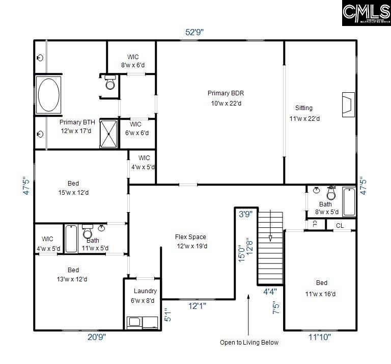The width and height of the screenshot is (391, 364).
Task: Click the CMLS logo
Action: (x=366, y=13)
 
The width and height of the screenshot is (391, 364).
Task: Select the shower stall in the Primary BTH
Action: (x=108, y=134)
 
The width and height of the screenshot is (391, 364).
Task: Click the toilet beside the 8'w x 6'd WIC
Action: (x=110, y=83)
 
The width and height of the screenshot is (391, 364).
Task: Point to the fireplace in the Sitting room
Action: (x=348, y=105)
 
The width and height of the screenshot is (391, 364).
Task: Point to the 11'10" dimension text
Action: (x=319, y=336)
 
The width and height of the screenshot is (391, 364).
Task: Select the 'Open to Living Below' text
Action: (x=249, y=342)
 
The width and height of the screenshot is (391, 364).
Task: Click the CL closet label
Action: (x=340, y=225)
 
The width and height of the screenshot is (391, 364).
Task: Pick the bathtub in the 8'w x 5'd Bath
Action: (x=349, y=202)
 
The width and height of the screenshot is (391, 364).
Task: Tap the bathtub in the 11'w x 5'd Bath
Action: (x=71, y=239)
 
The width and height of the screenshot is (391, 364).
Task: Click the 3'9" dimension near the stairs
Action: (x=245, y=215)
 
